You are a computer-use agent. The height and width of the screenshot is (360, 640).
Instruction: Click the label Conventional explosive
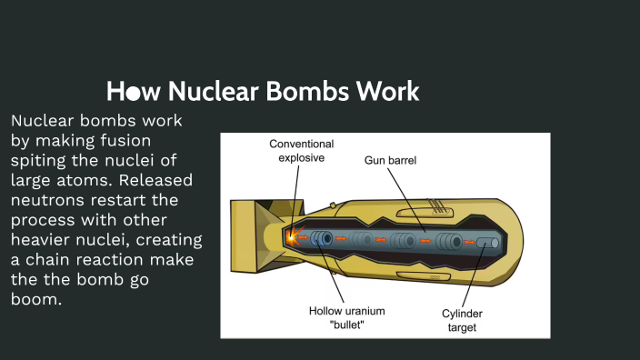(x=301, y=150)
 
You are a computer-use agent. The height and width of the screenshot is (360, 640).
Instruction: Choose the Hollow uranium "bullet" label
(x=346, y=317)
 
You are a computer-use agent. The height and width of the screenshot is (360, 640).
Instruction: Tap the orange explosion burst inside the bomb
(x=292, y=237)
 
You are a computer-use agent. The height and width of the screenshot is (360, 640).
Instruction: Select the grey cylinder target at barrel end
(x=487, y=243)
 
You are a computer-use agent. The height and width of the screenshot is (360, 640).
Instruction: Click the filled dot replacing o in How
(x=133, y=93)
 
